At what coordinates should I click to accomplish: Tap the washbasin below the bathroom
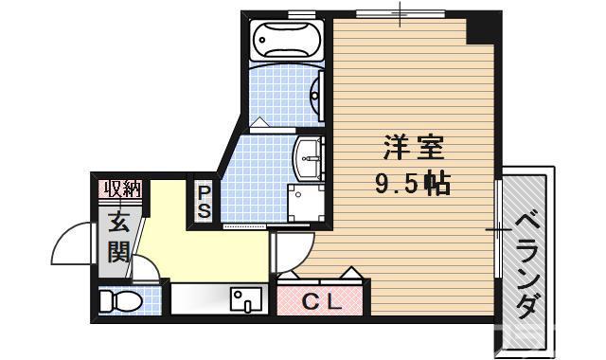point(309,154)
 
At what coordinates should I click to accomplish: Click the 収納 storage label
point(122,188)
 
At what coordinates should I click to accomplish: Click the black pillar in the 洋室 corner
point(485,28)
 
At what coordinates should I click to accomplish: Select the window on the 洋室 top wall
point(399,12)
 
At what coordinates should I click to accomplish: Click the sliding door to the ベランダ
point(498,229)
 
